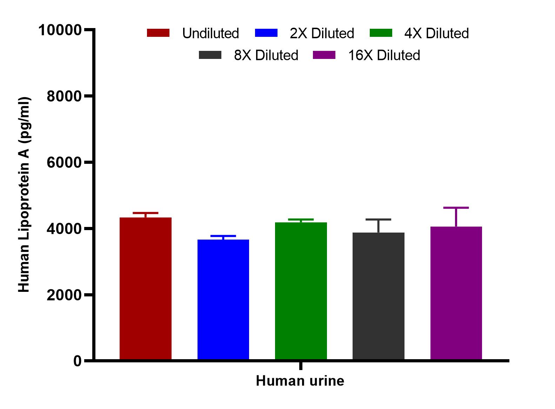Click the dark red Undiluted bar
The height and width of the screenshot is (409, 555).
[x=146, y=288]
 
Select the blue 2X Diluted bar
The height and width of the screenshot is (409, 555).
[x=223, y=299]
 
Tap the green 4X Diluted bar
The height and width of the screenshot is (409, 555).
[x=301, y=291]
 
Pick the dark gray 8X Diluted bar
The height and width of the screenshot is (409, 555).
[x=379, y=296]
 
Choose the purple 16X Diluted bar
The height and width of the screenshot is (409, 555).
[x=456, y=293]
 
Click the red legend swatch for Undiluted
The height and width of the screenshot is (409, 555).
[x=158, y=33]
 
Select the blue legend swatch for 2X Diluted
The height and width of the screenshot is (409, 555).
[x=266, y=33]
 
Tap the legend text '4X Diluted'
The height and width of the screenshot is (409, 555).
[x=436, y=33]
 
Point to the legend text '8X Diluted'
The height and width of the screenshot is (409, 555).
[x=266, y=55]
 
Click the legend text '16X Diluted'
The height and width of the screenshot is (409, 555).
[x=384, y=55]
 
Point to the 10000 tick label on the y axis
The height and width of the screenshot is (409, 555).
[x=60, y=30]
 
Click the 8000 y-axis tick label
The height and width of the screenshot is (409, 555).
[x=64, y=96]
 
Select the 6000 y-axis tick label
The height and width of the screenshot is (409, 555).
[x=64, y=162]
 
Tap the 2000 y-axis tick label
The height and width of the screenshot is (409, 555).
[x=64, y=295]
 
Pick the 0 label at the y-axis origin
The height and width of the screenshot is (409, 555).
[x=78, y=361]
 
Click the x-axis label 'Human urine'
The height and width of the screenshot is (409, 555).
[x=300, y=381]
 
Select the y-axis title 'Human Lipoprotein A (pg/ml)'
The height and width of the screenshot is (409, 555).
[x=24, y=195]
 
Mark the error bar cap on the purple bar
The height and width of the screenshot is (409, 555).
[x=456, y=208]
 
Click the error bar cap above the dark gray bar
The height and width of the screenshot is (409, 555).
[x=379, y=220]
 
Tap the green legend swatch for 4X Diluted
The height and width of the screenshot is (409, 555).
[x=381, y=33]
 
